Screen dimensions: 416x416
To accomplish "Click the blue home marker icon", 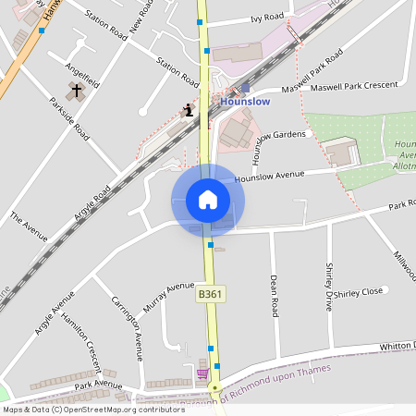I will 208,200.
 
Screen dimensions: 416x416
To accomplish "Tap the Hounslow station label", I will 245,102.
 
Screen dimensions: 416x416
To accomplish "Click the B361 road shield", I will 209,293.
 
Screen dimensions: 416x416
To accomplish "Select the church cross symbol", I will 75,92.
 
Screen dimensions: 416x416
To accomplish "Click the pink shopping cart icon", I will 202,373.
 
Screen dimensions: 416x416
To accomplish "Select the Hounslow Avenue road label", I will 269,175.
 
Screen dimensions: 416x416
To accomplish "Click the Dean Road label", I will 274,295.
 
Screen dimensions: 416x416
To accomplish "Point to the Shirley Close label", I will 358,292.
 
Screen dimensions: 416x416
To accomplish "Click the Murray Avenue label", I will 169,296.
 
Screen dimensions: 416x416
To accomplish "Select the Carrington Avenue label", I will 128,327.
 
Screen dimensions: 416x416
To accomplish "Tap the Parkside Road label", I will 70,119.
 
